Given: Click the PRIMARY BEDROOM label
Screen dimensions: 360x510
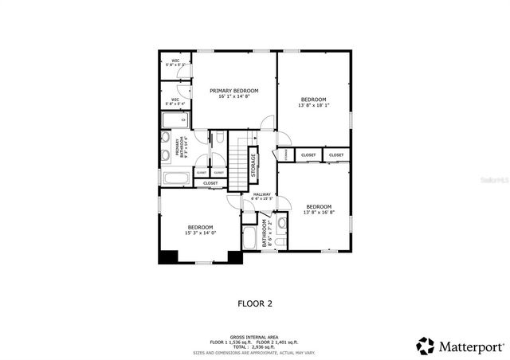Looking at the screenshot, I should [235, 91].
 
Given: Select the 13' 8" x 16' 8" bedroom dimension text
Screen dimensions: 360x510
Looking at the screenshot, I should [318, 213].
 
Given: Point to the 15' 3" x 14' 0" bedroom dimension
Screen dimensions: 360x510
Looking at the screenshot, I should [200, 233].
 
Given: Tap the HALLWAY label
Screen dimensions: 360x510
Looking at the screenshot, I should [262, 194].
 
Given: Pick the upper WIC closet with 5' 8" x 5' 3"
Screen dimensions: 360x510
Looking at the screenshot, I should [175, 65].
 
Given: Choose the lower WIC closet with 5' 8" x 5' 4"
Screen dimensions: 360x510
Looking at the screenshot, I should [175, 100].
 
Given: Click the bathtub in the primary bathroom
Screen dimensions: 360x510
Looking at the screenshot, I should [175, 178].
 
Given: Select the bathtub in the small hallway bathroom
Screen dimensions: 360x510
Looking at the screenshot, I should [249, 239].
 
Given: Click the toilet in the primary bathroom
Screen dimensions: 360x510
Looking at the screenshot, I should [219, 139].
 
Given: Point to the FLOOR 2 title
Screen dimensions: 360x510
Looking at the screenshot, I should [255, 303].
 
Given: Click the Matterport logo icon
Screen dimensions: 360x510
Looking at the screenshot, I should [426, 346].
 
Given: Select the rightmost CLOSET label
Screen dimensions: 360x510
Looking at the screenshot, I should [336, 155].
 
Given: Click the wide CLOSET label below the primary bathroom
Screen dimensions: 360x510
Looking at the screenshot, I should [210, 183].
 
